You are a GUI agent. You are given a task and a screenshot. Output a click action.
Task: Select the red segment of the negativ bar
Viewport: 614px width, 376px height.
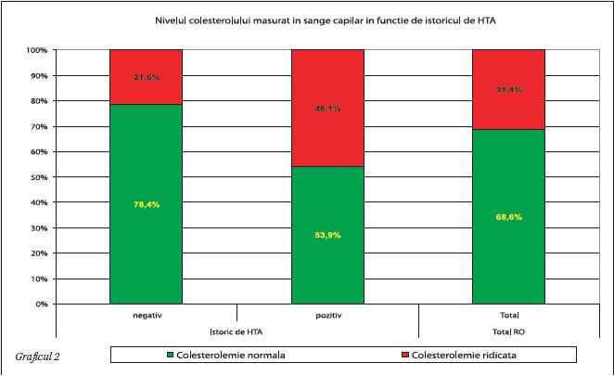pos(146,76)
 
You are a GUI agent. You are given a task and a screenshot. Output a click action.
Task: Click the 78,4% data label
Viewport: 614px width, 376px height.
pos(146,204)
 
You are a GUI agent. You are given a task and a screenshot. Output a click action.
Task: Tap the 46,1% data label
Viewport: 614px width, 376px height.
pos(327,109)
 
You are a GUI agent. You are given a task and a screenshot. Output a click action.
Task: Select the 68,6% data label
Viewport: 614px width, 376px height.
pos(508,216)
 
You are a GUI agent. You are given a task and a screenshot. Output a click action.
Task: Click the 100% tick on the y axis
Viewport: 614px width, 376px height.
pos(36,50)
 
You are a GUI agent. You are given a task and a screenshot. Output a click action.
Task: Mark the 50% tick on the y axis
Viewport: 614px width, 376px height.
pos(39,177)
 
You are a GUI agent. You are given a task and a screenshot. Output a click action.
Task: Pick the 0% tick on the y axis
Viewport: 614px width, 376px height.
pos(42,304)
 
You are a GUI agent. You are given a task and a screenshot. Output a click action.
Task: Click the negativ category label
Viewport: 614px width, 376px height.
pos(146,316)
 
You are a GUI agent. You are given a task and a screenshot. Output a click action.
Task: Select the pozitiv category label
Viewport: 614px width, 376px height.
pos(327,316)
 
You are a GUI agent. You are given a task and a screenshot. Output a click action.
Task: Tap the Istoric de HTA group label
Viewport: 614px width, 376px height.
pos(237,331)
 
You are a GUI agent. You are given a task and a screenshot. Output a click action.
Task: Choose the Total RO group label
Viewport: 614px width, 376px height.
pos(508,331)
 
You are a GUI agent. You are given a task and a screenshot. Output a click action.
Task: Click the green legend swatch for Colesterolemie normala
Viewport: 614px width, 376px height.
pos(171,355)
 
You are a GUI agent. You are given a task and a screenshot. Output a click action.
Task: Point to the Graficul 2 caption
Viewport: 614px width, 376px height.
pos(38,357)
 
